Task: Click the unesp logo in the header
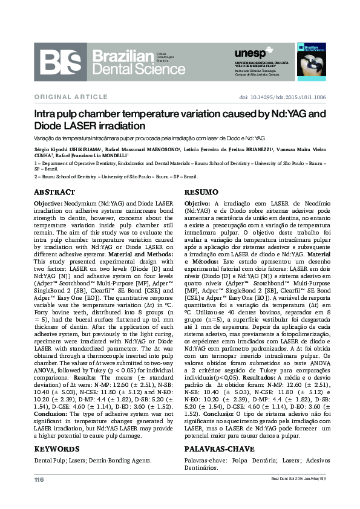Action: point(249,53)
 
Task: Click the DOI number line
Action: point(283,97)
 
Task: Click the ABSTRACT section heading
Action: point(54,192)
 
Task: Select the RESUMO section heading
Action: point(201,192)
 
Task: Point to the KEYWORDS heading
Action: point(57,449)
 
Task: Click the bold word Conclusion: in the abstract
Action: point(50,412)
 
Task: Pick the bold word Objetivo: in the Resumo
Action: point(197,204)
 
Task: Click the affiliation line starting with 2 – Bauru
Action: point(116,177)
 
